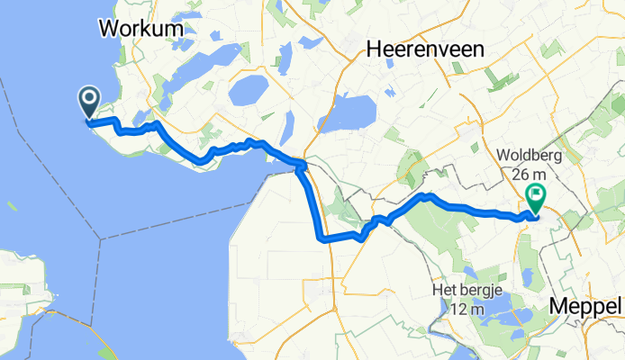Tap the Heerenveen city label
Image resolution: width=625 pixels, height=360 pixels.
424,51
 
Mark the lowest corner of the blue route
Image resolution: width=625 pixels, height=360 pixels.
320,238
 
